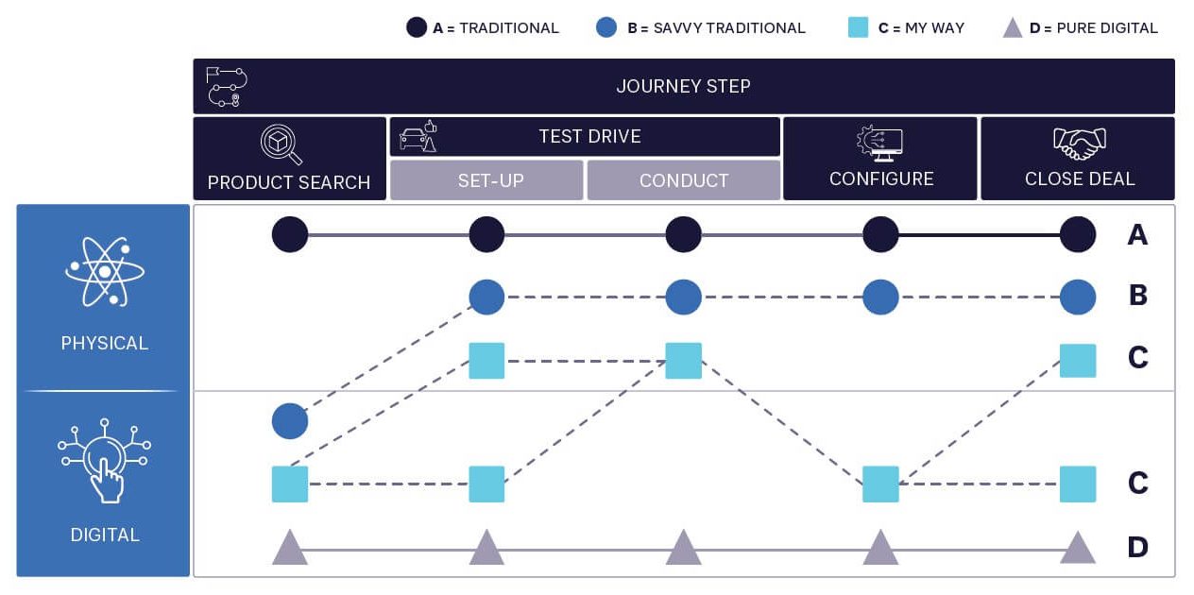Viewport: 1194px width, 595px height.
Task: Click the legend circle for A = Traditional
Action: point(417,27)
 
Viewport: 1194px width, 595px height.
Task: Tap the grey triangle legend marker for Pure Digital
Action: point(1013,27)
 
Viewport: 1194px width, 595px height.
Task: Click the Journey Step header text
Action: point(683,86)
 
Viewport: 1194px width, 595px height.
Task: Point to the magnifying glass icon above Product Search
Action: point(281,144)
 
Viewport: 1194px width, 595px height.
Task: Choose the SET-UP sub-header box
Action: point(486,180)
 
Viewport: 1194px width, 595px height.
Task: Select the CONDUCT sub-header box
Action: point(684,180)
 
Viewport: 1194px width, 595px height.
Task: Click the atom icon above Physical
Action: point(105,271)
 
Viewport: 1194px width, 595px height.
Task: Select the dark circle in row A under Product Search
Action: point(290,234)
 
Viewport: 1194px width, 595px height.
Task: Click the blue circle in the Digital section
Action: point(290,421)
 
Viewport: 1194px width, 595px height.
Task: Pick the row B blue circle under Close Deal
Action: point(1078,297)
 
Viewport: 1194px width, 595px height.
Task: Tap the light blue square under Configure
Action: point(880,484)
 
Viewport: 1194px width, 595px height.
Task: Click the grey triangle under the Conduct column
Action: point(683,548)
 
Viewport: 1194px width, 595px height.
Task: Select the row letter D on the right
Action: point(1137,547)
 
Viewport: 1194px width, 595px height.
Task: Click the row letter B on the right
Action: point(1137,296)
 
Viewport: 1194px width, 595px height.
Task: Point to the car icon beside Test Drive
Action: point(418,138)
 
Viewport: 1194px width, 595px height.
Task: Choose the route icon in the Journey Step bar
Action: point(227,86)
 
